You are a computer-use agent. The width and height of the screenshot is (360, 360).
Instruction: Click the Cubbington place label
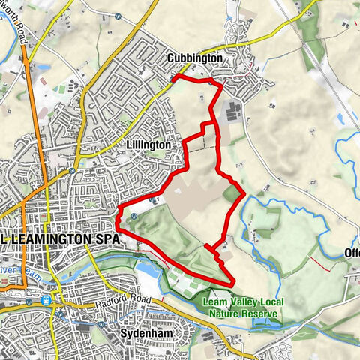[194, 58]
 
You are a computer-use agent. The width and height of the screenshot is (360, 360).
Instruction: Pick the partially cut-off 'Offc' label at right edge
[352, 253]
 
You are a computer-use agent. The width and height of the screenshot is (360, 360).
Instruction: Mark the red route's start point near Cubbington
[173, 78]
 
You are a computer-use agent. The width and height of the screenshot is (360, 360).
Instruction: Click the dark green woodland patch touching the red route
[232, 193]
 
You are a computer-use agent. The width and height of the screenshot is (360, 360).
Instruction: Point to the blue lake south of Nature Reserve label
[262, 322]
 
